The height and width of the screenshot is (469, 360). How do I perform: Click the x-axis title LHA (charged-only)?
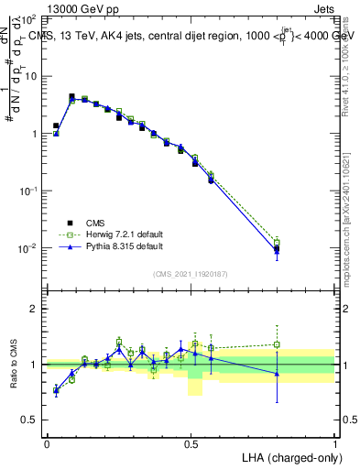click(x=289, y=456)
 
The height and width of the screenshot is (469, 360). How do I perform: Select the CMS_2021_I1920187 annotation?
click(x=191, y=274)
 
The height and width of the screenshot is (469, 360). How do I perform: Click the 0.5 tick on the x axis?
click(x=191, y=442)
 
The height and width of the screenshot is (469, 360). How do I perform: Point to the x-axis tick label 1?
click(x=334, y=442)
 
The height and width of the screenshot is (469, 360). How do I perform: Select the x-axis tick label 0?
click(x=47, y=442)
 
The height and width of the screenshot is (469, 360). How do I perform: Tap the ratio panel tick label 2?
click(x=35, y=309)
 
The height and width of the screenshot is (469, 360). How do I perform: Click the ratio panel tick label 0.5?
click(x=30, y=420)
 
